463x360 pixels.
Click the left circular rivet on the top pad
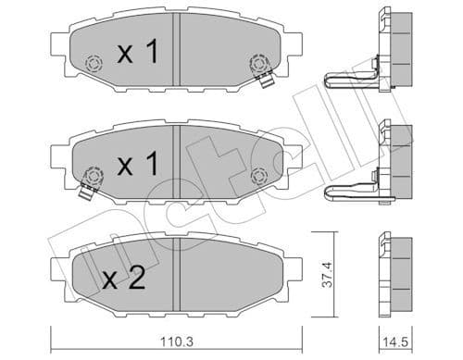[92, 64]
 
